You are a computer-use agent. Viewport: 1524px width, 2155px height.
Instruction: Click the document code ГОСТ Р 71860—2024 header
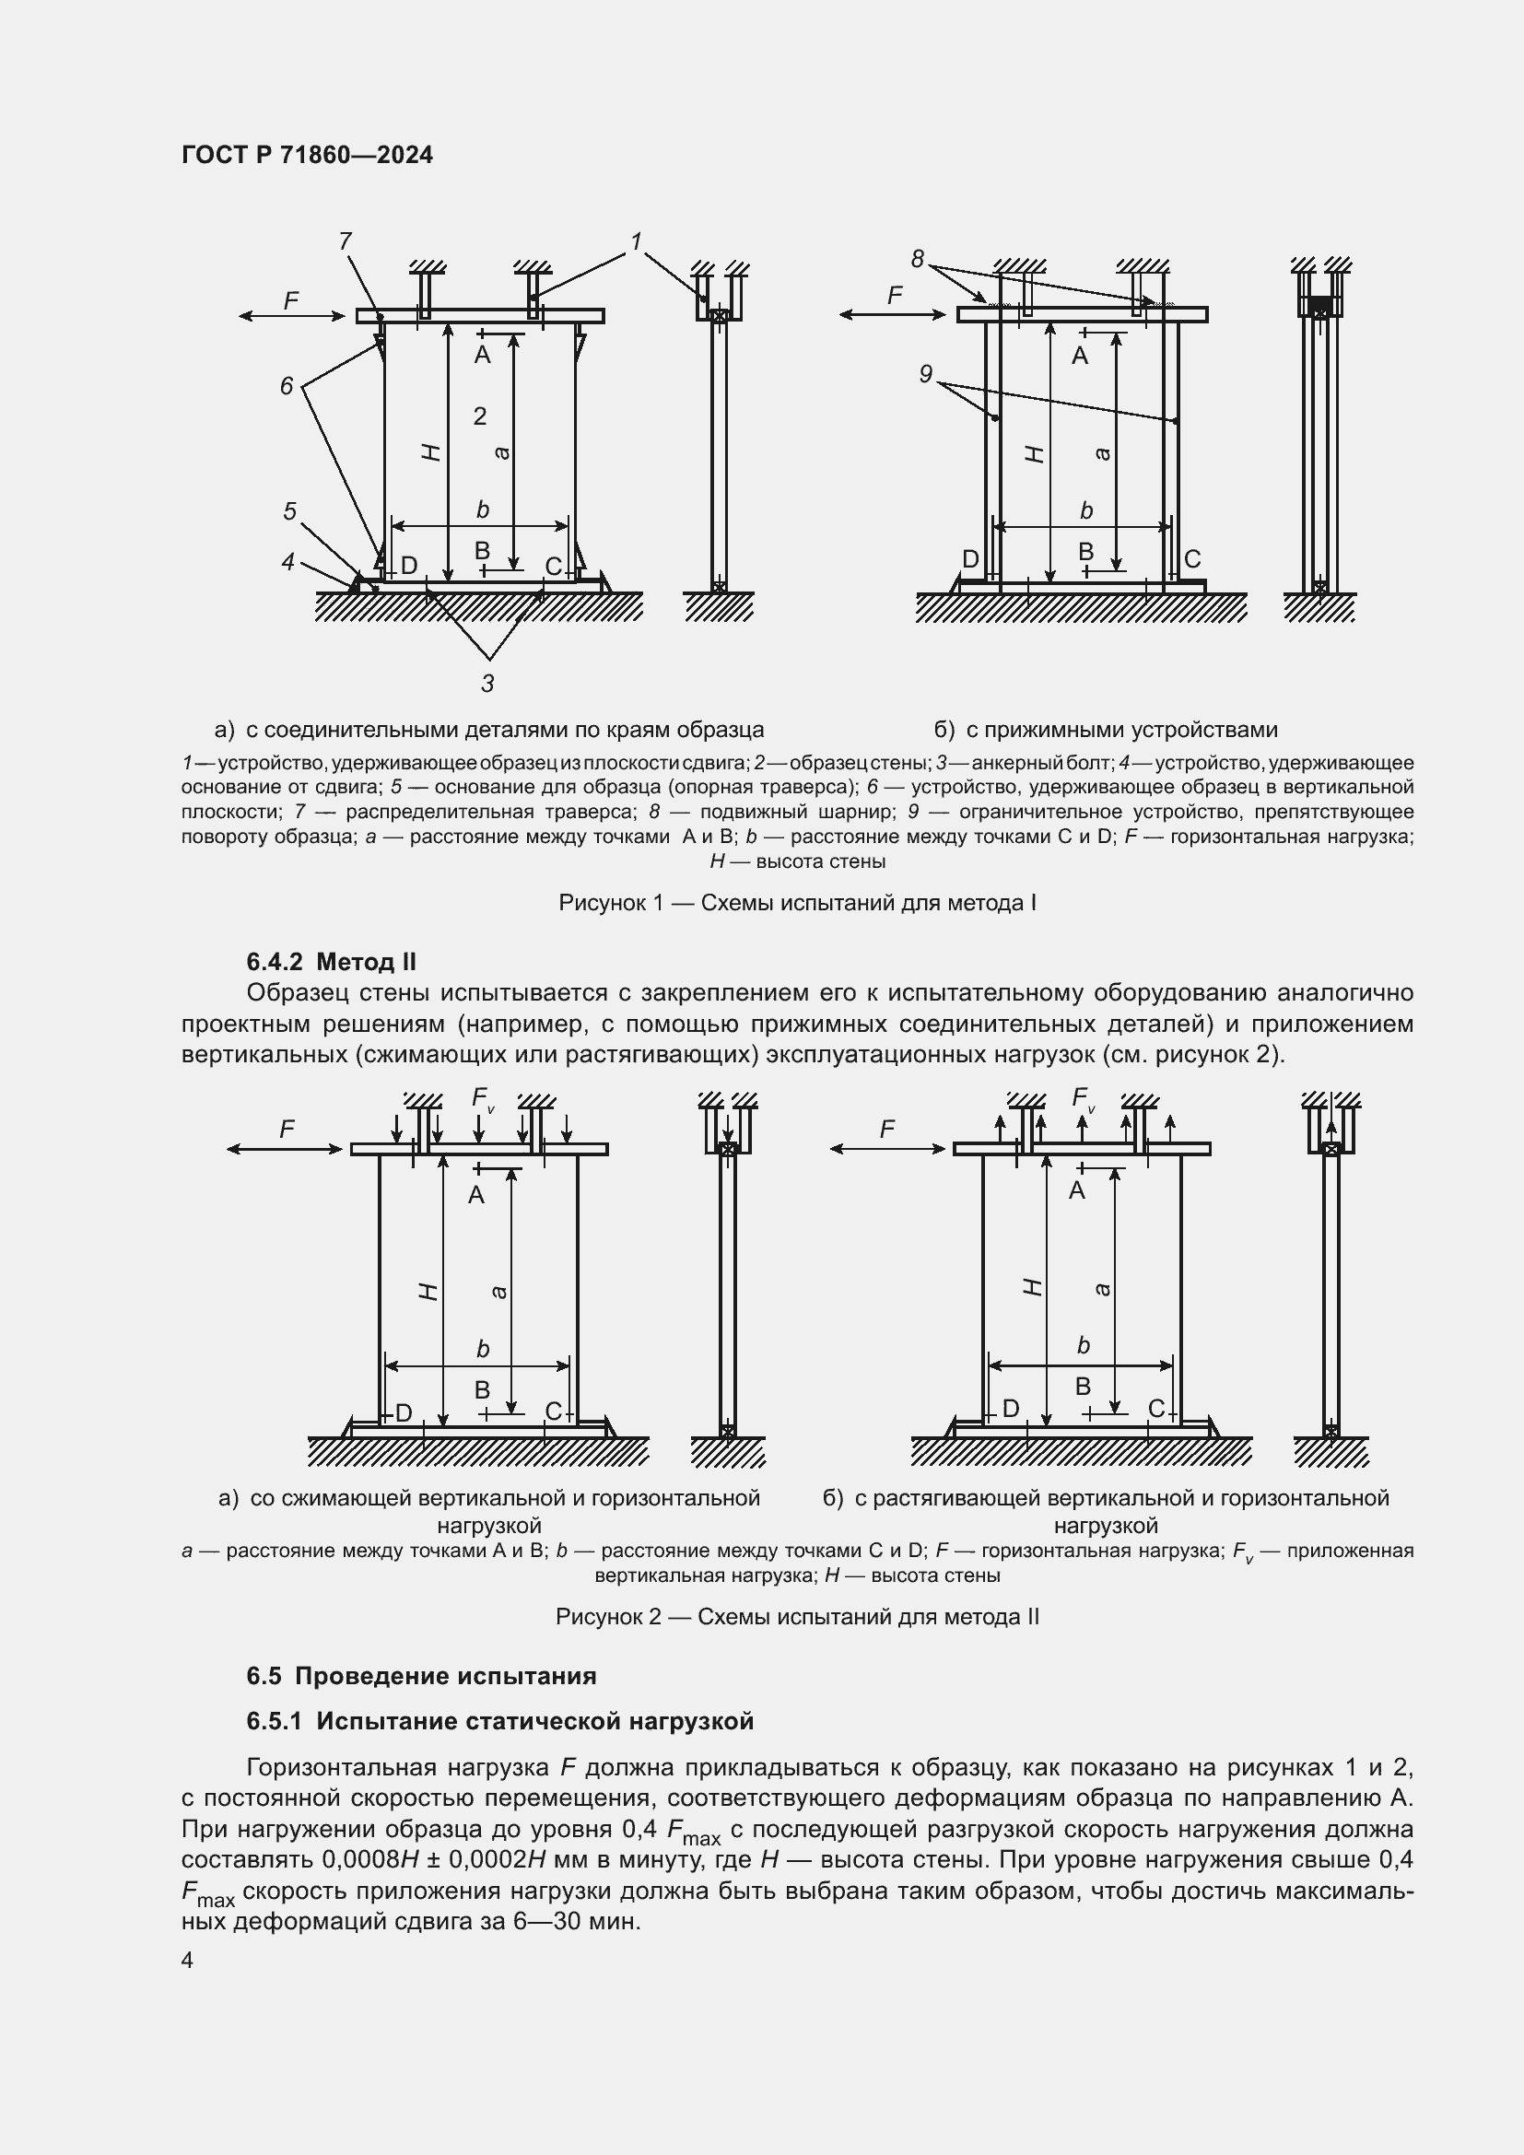point(307,156)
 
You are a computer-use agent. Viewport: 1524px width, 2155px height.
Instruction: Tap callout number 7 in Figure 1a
point(345,241)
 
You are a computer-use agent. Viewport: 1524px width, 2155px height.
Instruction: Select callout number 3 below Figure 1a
point(487,684)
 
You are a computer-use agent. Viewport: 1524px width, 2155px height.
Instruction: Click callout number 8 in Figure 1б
point(917,258)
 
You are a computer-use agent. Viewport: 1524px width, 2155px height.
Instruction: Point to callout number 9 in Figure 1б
point(925,374)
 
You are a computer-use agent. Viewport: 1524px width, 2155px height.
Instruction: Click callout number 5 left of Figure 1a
point(290,511)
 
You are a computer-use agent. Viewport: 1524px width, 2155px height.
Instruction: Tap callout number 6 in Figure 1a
point(287,386)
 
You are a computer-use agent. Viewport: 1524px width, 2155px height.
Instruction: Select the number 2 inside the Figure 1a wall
point(479,416)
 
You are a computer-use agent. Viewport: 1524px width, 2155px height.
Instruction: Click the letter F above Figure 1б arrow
point(895,297)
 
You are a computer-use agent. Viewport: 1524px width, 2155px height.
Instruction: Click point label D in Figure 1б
point(970,559)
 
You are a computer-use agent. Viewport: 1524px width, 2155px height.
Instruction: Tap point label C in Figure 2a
point(553,1411)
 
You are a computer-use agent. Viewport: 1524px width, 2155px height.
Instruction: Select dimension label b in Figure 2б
point(1083,1346)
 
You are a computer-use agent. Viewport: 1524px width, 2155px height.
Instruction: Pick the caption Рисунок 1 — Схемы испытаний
point(797,903)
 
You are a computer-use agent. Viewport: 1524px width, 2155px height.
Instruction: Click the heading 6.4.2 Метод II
point(332,961)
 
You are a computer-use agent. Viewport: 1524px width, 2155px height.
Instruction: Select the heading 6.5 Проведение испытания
point(421,1675)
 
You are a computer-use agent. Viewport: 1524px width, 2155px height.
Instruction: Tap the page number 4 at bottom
point(188,1961)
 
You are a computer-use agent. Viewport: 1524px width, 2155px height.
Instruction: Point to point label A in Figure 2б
point(1076,1191)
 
